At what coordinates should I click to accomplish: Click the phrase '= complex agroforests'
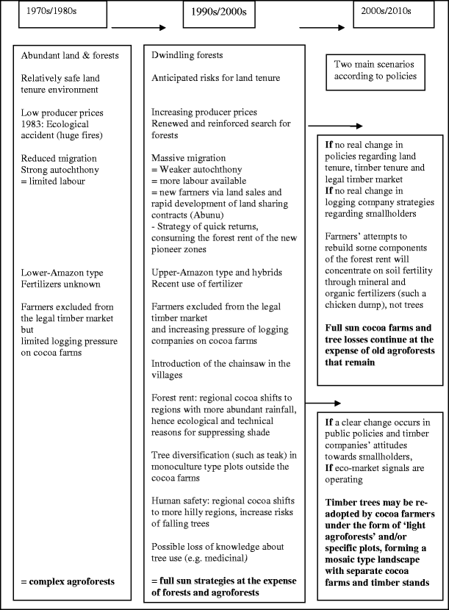(68, 583)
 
